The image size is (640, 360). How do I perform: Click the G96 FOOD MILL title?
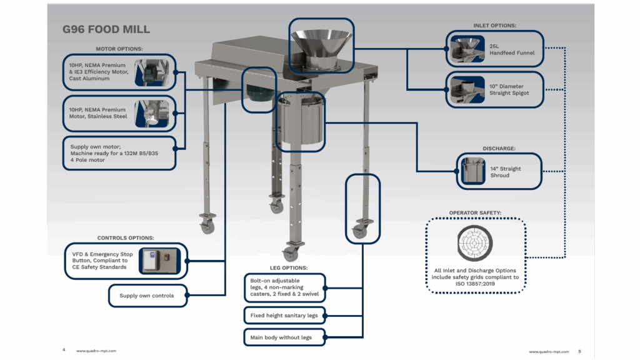click(106, 29)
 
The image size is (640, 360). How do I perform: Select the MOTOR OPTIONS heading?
click(119, 48)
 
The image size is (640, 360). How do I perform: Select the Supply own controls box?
click(147, 296)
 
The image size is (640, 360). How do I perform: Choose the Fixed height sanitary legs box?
click(284, 316)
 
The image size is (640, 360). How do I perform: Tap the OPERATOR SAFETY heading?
click(475, 213)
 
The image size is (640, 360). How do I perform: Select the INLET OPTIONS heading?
click(494, 26)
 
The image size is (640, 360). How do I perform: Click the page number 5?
click(579, 351)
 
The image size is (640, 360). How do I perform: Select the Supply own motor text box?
click(119, 153)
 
